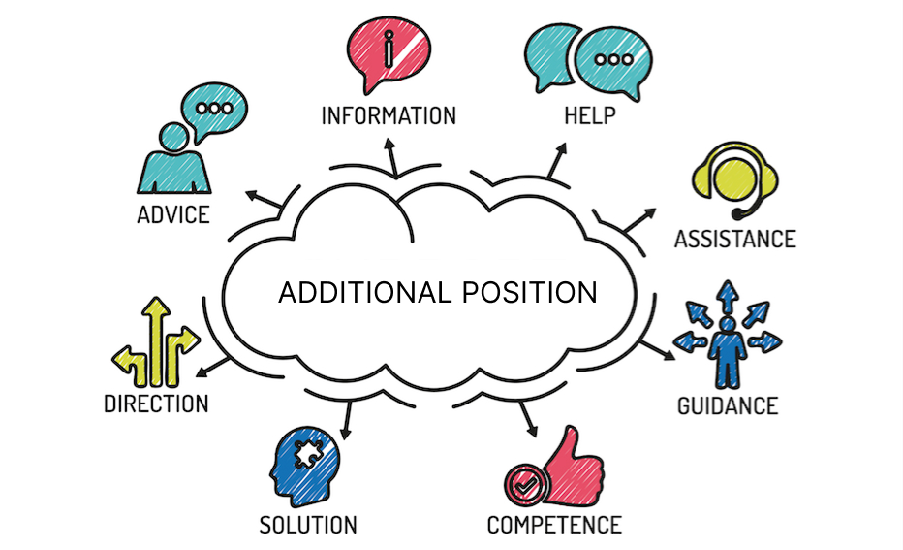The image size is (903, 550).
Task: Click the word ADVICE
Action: [173, 215]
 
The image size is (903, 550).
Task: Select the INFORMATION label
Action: [389, 115]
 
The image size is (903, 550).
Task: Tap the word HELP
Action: [590, 115]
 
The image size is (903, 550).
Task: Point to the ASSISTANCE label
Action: [735, 240]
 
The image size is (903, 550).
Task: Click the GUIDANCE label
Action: [728, 405]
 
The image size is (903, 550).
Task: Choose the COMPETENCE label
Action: [554, 525]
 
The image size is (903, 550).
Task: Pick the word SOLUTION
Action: [308, 525]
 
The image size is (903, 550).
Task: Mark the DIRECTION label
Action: [156, 404]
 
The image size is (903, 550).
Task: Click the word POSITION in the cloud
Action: [530, 292]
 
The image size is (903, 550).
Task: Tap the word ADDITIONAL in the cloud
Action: [365, 292]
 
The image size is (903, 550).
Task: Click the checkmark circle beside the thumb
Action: [526, 486]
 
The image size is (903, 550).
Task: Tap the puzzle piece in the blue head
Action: [309, 454]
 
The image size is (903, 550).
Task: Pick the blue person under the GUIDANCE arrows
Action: [728, 353]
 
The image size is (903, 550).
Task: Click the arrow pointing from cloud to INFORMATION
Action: [391, 155]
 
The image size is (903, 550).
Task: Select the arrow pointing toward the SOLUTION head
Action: [347, 421]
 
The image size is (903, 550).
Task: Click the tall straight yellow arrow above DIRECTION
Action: [155, 341]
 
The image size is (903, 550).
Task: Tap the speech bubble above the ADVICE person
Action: [214, 111]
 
